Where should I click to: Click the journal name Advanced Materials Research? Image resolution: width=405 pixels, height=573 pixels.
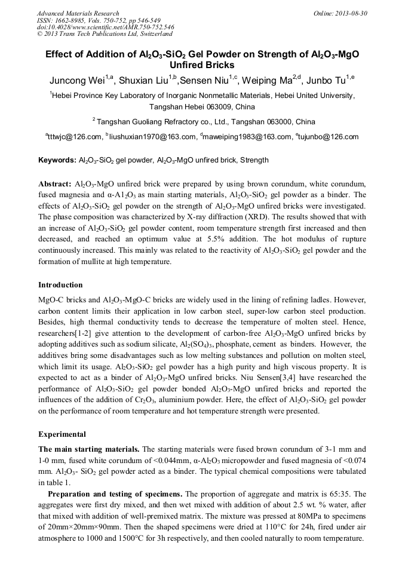click(78, 13)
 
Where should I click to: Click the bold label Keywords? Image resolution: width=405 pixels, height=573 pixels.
click(57, 160)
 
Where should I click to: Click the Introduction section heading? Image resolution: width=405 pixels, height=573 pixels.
click(60, 285)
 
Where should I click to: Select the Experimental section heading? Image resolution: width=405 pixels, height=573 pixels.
click(62, 434)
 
